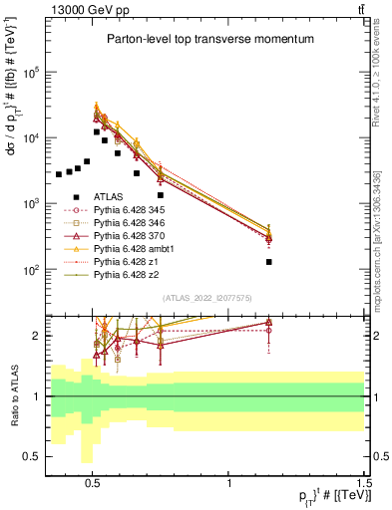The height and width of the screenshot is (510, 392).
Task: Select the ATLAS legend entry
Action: [116, 197]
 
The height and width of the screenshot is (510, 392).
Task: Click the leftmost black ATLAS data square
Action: [59, 174]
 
